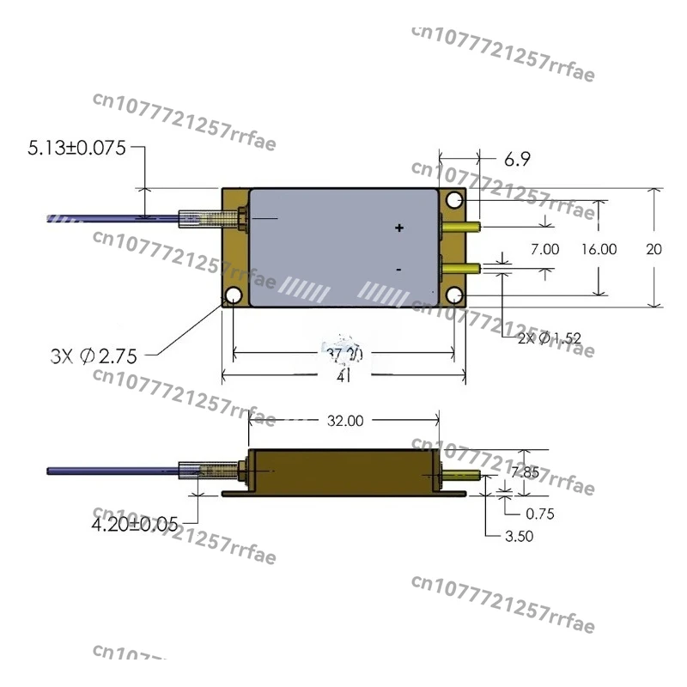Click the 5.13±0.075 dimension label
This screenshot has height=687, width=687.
pyautogui.click(x=76, y=148)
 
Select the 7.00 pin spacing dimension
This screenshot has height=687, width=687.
pyautogui.click(x=545, y=249)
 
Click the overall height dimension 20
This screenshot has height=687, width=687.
pyautogui.click(x=654, y=249)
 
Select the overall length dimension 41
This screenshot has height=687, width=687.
pyautogui.click(x=343, y=375)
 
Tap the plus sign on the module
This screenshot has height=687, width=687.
pyautogui.click(x=398, y=228)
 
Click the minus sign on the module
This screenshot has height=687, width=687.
pyautogui.click(x=398, y=270)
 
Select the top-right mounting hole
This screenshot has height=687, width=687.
pyautogui.click(x=454, y=200)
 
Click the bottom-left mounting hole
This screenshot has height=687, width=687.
pyautogui.click(x=233, y=296)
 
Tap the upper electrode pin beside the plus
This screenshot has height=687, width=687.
pyautogui.click(x=460, y=228)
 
